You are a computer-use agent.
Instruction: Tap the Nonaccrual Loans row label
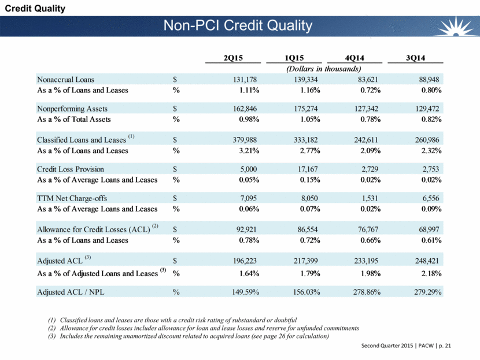(65, 79)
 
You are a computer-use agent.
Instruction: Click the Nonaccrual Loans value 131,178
(243, 79)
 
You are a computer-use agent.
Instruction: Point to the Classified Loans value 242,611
(365, 140)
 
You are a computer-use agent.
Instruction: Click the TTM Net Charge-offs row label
(72, 198)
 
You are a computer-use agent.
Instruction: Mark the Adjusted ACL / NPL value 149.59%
(241, 291)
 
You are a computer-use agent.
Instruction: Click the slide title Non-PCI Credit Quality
(238, 26)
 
